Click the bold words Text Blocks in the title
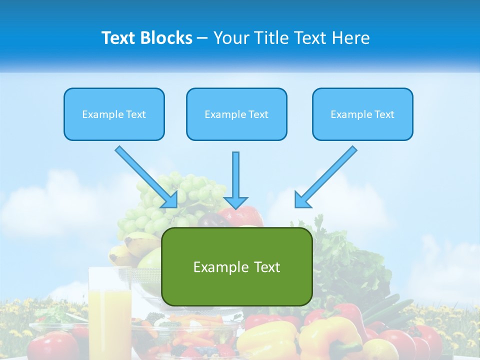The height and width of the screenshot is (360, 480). point(146,38)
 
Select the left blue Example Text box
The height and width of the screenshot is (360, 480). point(114,114)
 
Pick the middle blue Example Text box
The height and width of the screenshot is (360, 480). point(236,114)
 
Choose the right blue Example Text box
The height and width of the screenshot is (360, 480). point(362,114)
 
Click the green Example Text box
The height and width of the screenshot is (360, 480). point(236,267)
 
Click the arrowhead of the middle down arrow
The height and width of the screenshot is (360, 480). point(235,202)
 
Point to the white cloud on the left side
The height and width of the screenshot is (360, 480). point(45,200)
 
